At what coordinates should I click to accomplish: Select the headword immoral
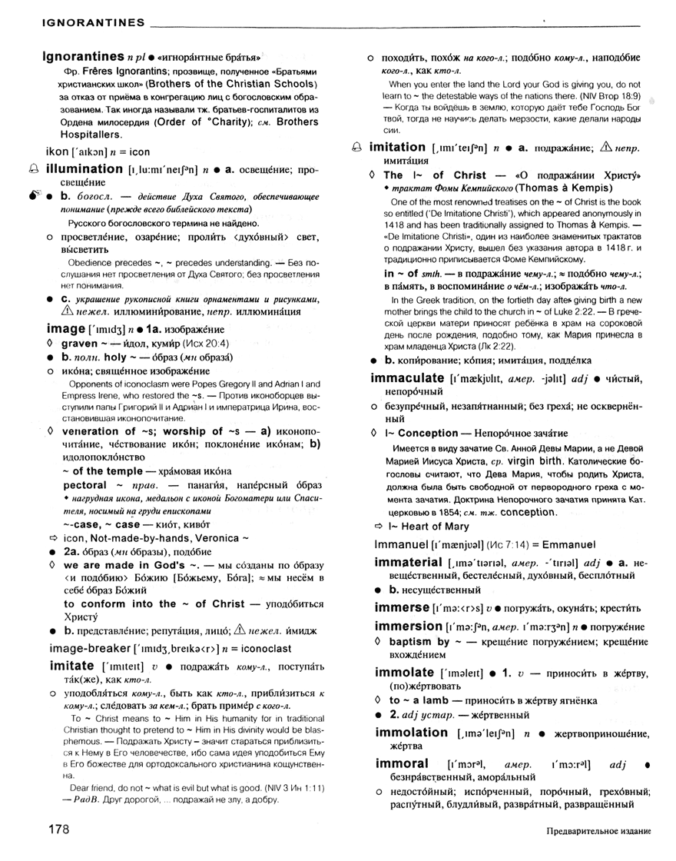(402, 765)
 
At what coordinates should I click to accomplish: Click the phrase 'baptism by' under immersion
(419, 641)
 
